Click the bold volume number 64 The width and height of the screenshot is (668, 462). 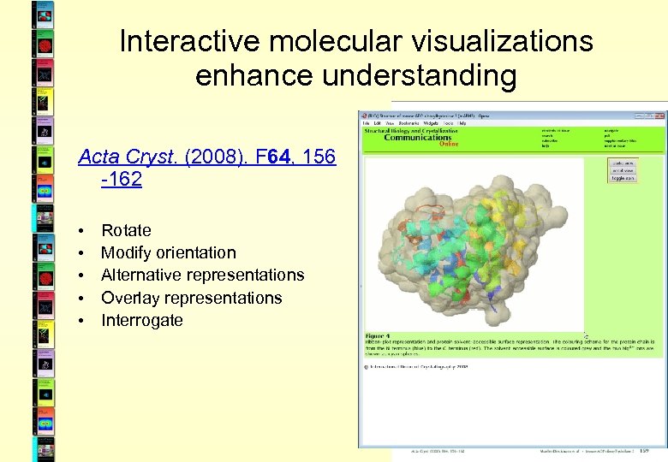tap(277, 157)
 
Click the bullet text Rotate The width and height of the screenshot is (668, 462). tap(126, 230)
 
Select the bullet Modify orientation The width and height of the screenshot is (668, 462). tap(168, 252)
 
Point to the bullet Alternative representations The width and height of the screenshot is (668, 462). tap(202, 275)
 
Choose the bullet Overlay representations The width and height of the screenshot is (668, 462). tap(191, 298)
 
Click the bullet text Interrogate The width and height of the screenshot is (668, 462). tap(141, 320)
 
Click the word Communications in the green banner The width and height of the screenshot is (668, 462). tap(418, 137)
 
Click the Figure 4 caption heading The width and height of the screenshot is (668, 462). tap(378, 336)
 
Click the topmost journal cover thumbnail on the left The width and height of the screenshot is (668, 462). tap(43, 12)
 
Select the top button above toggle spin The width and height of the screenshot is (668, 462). tap(623, 163)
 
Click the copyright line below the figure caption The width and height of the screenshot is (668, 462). tap(416, 366)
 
